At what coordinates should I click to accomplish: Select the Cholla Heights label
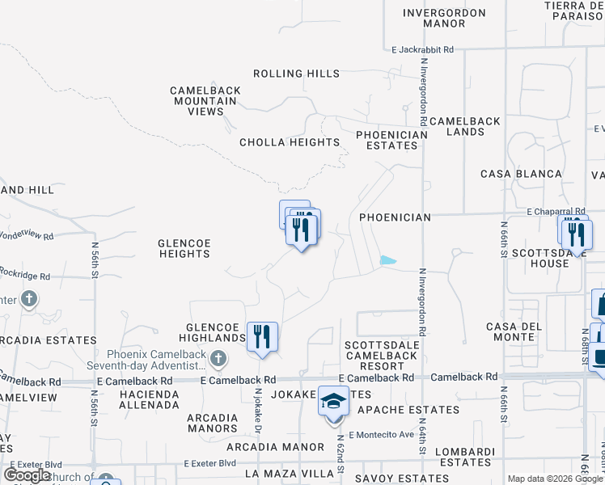pos(290,142)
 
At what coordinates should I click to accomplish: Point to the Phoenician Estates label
pos(391,140)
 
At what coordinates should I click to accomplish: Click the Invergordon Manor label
pos(444,19)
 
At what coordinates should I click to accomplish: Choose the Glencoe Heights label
pos(184,248)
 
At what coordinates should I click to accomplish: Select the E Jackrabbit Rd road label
pos(422,49)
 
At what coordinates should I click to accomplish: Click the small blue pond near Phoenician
pos(388,260)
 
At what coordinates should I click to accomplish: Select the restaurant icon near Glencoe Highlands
pos(262,335)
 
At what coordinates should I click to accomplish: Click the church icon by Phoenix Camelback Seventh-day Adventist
pos(217,357)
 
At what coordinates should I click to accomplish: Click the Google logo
pos(27,475)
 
